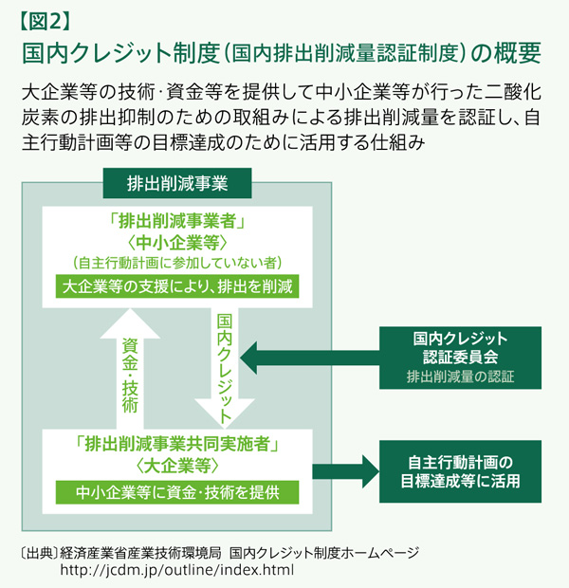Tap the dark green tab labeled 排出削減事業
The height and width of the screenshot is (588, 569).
click(x=176, y=181)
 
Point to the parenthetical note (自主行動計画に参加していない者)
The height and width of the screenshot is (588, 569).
click(x=177, y=263)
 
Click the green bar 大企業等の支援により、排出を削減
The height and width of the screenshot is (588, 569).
click(x=176, y=285)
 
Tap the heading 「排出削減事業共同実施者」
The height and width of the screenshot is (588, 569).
click(x=177, y=444)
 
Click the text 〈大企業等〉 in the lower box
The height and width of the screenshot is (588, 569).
click(x=177, y=466)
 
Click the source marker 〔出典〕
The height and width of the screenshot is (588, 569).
click(x=37, y=552)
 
